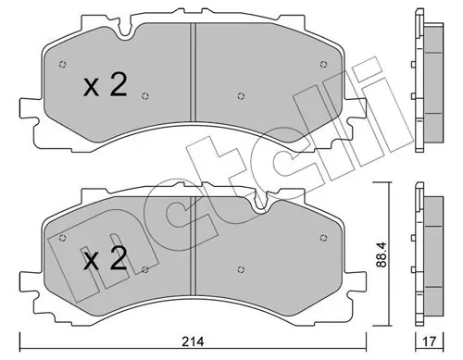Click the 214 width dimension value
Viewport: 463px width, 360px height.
pyautogui.click(x=193, y=341)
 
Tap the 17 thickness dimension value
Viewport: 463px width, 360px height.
pyautogui.click(x=430, y=341)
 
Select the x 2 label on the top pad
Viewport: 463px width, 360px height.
pyautogui.click(x=106, y=85)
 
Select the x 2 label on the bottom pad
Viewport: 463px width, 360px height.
pyautogui.click(x=106, y=259)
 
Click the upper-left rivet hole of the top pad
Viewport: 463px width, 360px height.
pyautogui.click(x=62, y=65)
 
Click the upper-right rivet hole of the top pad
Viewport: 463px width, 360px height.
pyautogui.click(x=323, y=64)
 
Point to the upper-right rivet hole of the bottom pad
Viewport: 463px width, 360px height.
pyautogui.click(x=323, y=238)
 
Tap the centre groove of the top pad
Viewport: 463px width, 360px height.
pyautogui.click(x=193, y=72)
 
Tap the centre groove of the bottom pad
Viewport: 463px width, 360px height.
pyautogui.click(x=193, y=246)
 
